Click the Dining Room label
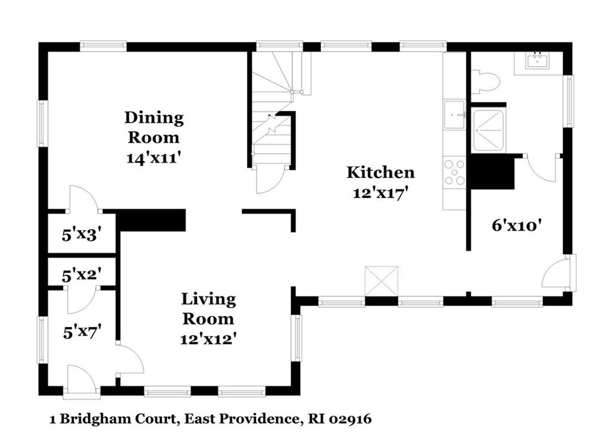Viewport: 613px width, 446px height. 154,127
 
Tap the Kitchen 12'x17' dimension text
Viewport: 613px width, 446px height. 381,193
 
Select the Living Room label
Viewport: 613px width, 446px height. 208,309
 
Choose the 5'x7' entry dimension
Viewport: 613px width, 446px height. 82,333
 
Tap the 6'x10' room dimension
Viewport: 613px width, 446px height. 517,225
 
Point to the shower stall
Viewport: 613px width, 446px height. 488,131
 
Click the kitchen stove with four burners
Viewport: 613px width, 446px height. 454,172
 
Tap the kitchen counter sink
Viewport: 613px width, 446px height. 454,114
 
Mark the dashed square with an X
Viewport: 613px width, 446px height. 381,281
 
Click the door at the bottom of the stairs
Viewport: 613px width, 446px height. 270,179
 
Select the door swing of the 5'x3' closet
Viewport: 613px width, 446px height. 83,199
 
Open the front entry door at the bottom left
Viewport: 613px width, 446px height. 81,378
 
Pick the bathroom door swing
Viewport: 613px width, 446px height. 541,168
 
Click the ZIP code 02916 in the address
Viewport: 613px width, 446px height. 350,419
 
